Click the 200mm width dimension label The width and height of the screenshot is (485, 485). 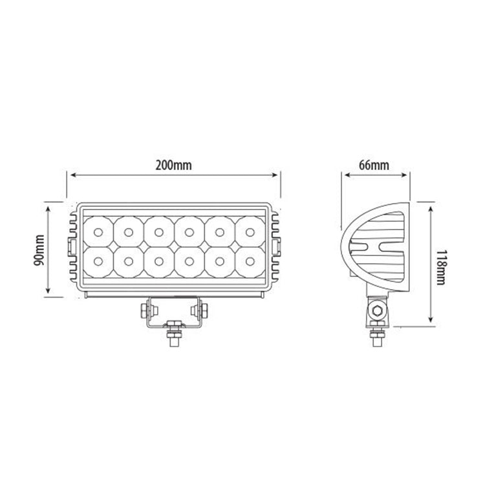[x=173, y=165]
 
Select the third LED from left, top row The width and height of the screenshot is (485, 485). [x=159, y=231]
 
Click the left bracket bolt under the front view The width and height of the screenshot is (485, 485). [x=144, y=312]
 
